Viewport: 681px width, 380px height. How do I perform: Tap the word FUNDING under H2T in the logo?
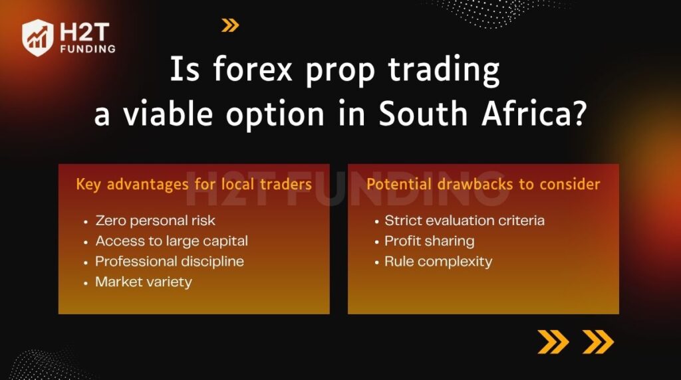point(86,48)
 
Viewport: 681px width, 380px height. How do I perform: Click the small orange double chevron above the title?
point(230,26)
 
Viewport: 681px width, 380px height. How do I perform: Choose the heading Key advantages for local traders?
point(194,184)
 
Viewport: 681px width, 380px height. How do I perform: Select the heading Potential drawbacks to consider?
point(483,184)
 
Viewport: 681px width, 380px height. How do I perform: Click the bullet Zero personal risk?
point(155,221)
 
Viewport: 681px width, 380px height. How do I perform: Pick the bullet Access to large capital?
point(172,241)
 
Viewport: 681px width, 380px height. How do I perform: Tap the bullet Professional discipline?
point(170,261)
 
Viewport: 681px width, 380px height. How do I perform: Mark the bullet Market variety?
point(144,282)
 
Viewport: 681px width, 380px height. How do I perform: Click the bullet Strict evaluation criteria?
point(464,221)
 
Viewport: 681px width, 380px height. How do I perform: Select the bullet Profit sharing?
point(429,241)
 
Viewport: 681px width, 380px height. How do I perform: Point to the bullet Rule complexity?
point(438,261)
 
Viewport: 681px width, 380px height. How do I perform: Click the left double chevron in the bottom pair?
point(553,341)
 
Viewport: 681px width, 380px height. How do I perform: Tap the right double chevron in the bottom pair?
point(598,341)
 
